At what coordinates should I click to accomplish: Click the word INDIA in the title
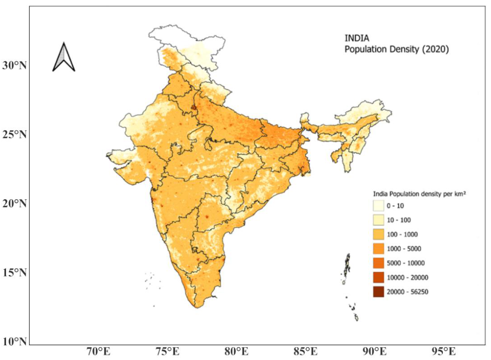[357, 38]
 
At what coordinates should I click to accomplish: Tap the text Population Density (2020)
[397, 49]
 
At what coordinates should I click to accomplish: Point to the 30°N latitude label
[14, 66]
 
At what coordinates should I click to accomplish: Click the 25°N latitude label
[14, 135]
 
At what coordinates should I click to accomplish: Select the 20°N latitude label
[14, 203]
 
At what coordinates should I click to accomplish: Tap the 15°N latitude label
[14, 272]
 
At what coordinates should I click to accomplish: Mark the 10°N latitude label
[14, 341]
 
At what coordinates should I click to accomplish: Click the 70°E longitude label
[99, 352]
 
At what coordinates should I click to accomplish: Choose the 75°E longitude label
[167, 352]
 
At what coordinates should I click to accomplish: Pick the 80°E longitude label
[236, 352]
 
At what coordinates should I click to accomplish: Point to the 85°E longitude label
[305, 352]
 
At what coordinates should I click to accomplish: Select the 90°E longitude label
[374, 352]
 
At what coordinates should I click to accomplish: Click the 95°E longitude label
[444, 352]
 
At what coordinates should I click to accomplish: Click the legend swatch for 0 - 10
[378, 206]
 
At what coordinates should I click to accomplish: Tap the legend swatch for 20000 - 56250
[378, 292]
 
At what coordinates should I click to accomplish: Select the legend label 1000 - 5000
[404, 249]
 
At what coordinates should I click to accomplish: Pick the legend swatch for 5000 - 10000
[378, 263]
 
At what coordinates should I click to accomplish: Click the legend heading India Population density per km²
[419, 194]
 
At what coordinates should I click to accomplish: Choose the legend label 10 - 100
[399, 220]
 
